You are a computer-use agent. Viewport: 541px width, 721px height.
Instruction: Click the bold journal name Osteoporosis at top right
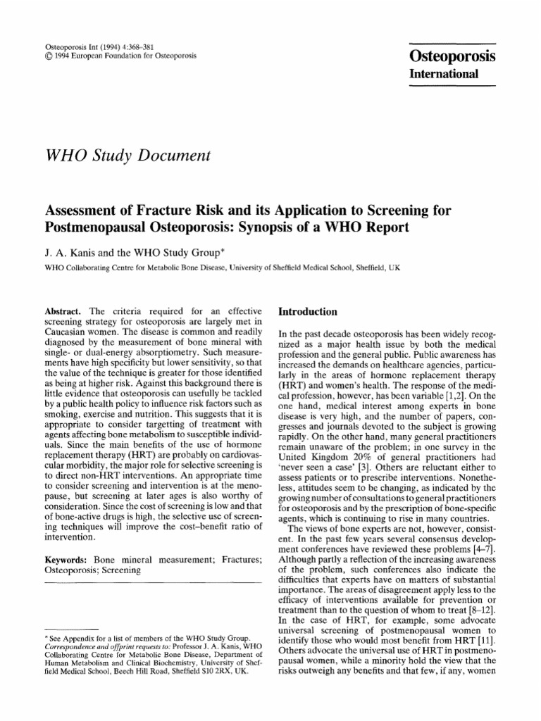[x=453, y=57]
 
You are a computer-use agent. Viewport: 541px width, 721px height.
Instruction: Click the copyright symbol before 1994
[x=48, y=54]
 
